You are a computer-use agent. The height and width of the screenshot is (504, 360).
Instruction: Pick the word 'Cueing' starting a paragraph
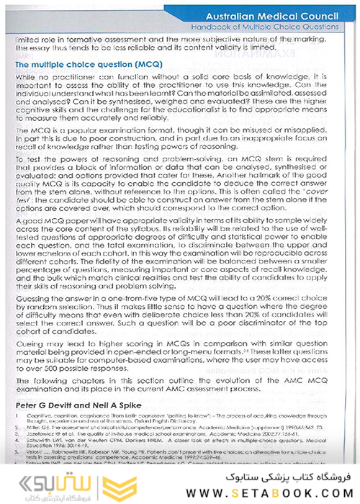(x=30, y=347)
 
